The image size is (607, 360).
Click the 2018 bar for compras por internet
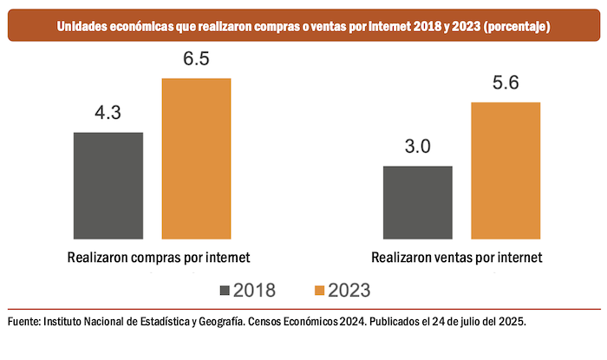[108, 186]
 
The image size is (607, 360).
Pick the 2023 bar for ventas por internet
[506, 171]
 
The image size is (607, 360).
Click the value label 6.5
[196, 60]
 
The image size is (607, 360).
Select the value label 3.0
[417, 147]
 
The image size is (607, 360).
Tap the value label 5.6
[506, 84]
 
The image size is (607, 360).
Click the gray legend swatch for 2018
[228, 289]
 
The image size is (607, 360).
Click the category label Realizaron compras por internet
[158, 258]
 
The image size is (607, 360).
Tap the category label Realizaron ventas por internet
[457, 258]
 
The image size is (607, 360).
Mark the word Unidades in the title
[84, 28]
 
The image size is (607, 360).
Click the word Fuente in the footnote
[23, 321]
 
